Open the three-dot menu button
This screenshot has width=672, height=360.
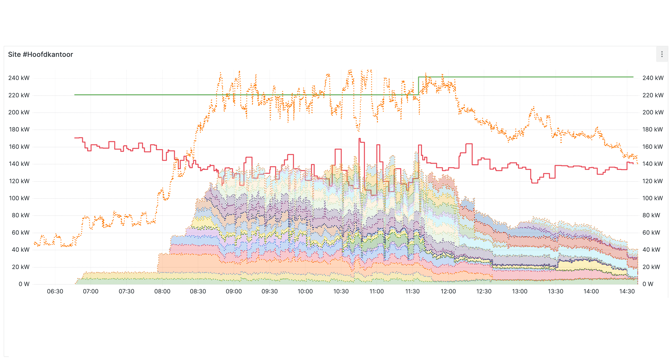662,54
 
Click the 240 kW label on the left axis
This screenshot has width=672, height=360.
19,78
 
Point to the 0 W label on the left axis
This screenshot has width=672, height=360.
24,284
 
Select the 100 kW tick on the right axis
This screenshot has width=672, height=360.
652,198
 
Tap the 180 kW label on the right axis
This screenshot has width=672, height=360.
652,130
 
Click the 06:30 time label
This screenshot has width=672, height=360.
55,291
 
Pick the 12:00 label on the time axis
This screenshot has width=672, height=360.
448,291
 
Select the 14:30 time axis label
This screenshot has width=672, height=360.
627,291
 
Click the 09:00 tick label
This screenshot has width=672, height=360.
234,291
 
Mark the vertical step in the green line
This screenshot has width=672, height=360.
418,86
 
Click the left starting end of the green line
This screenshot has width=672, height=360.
75,95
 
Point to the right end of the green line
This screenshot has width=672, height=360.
633,77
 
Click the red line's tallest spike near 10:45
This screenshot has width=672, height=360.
359,139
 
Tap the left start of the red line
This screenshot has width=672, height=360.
75,138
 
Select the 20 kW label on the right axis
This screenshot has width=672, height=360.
651,267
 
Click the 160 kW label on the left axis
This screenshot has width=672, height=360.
19,147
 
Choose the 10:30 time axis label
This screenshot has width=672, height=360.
341,291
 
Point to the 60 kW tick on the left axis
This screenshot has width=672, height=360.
20,232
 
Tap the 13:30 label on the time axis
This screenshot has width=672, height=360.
555,291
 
